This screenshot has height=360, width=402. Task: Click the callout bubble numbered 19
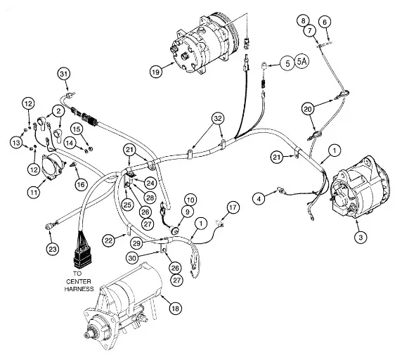[x=156, y=72]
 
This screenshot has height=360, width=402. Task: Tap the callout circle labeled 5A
[x=302, y=62]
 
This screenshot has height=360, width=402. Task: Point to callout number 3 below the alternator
[x=361, y=237]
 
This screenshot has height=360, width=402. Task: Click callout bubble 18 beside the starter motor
[x=176, y=308]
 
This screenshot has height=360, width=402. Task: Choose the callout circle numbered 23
[x=53, y=249]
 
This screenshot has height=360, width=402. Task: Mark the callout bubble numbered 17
[x=233, y=207]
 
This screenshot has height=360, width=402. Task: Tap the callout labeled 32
[x=218, y=118]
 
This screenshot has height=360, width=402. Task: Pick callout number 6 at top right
[x=325, y=22]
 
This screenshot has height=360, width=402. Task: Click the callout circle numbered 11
[x=34, y=192]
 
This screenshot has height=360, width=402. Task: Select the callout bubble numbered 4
[x=259, y=198]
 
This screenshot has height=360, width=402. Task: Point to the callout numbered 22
[x=109, y=240]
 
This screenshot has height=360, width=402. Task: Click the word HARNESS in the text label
[x=79, y=289]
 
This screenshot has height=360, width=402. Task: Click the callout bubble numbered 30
[x=132, y=258]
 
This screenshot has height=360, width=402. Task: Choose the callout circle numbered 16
[x=81, y=184]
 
